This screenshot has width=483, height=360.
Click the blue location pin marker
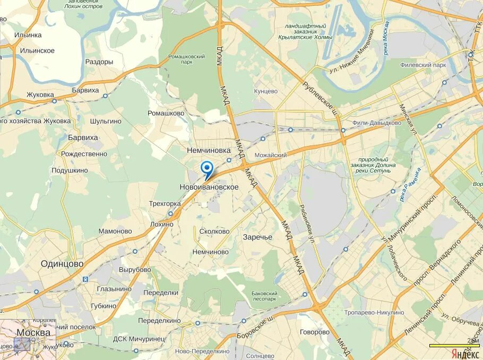coord(207,169)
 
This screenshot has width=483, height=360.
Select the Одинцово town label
coord(63,263)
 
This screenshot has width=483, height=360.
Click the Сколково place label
coord(214,232)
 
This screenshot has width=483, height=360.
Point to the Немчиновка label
coord(209,151)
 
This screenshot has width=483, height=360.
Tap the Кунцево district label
coord(266,91)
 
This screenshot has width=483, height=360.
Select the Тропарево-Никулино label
coord(374,313)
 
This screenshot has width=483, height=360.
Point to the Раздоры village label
coord(99,62)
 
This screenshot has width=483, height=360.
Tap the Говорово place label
coord(315,332)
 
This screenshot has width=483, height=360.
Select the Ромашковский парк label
coord(186,58)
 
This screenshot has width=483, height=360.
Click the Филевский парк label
coord(424,65)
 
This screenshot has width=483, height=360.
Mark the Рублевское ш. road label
coord(320,98)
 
